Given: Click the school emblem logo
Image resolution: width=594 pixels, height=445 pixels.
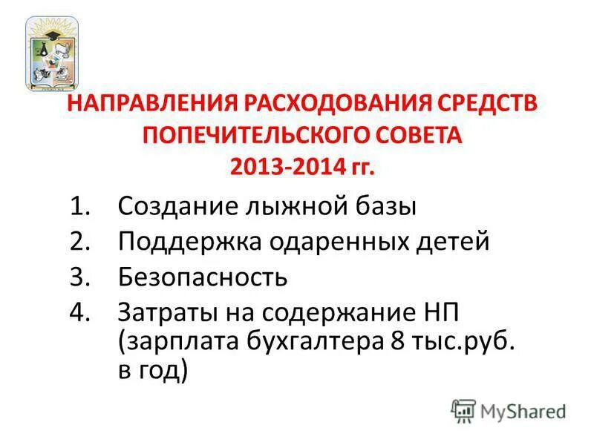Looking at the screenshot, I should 52,53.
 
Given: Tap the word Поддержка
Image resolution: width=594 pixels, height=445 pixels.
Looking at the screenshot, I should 183,242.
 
